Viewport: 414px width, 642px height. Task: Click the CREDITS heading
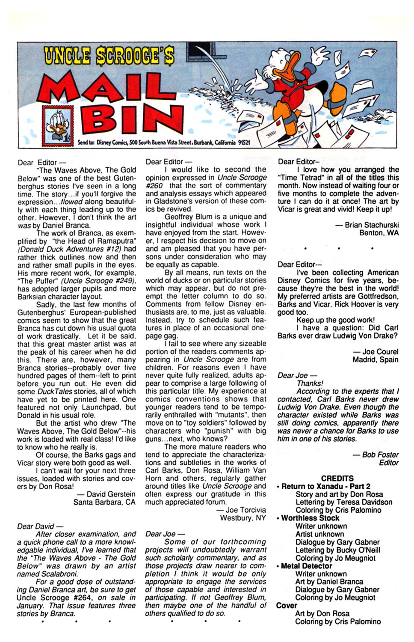pyautogui.click(x=337, y=478)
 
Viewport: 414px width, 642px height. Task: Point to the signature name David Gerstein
pyautogui.click(x=111, y=494)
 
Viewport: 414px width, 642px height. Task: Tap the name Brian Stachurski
pyautogui.click(x=372, y=225)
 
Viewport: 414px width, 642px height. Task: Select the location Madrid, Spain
pyautogui.click(x=375, y=360)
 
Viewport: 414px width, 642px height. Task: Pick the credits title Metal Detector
pyautogui.click(x=307, y=566)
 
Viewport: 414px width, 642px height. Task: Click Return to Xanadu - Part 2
pyautogui.click(x=326, y=486)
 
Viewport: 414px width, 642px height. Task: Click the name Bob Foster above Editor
pyautogui.click(x=380, y=455)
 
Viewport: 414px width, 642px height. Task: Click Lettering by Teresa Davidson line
pyautogui.click(x=344, y=502)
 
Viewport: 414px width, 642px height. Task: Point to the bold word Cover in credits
pyautogui.click(x=287, y=606)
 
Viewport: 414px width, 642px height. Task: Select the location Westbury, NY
pyautogui.click(x=242, y=518)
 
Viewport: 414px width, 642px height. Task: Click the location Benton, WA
pyautogui.click(x=379, y=233)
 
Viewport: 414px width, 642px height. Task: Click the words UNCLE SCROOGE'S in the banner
pyautogui.click(x=109, y=56)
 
